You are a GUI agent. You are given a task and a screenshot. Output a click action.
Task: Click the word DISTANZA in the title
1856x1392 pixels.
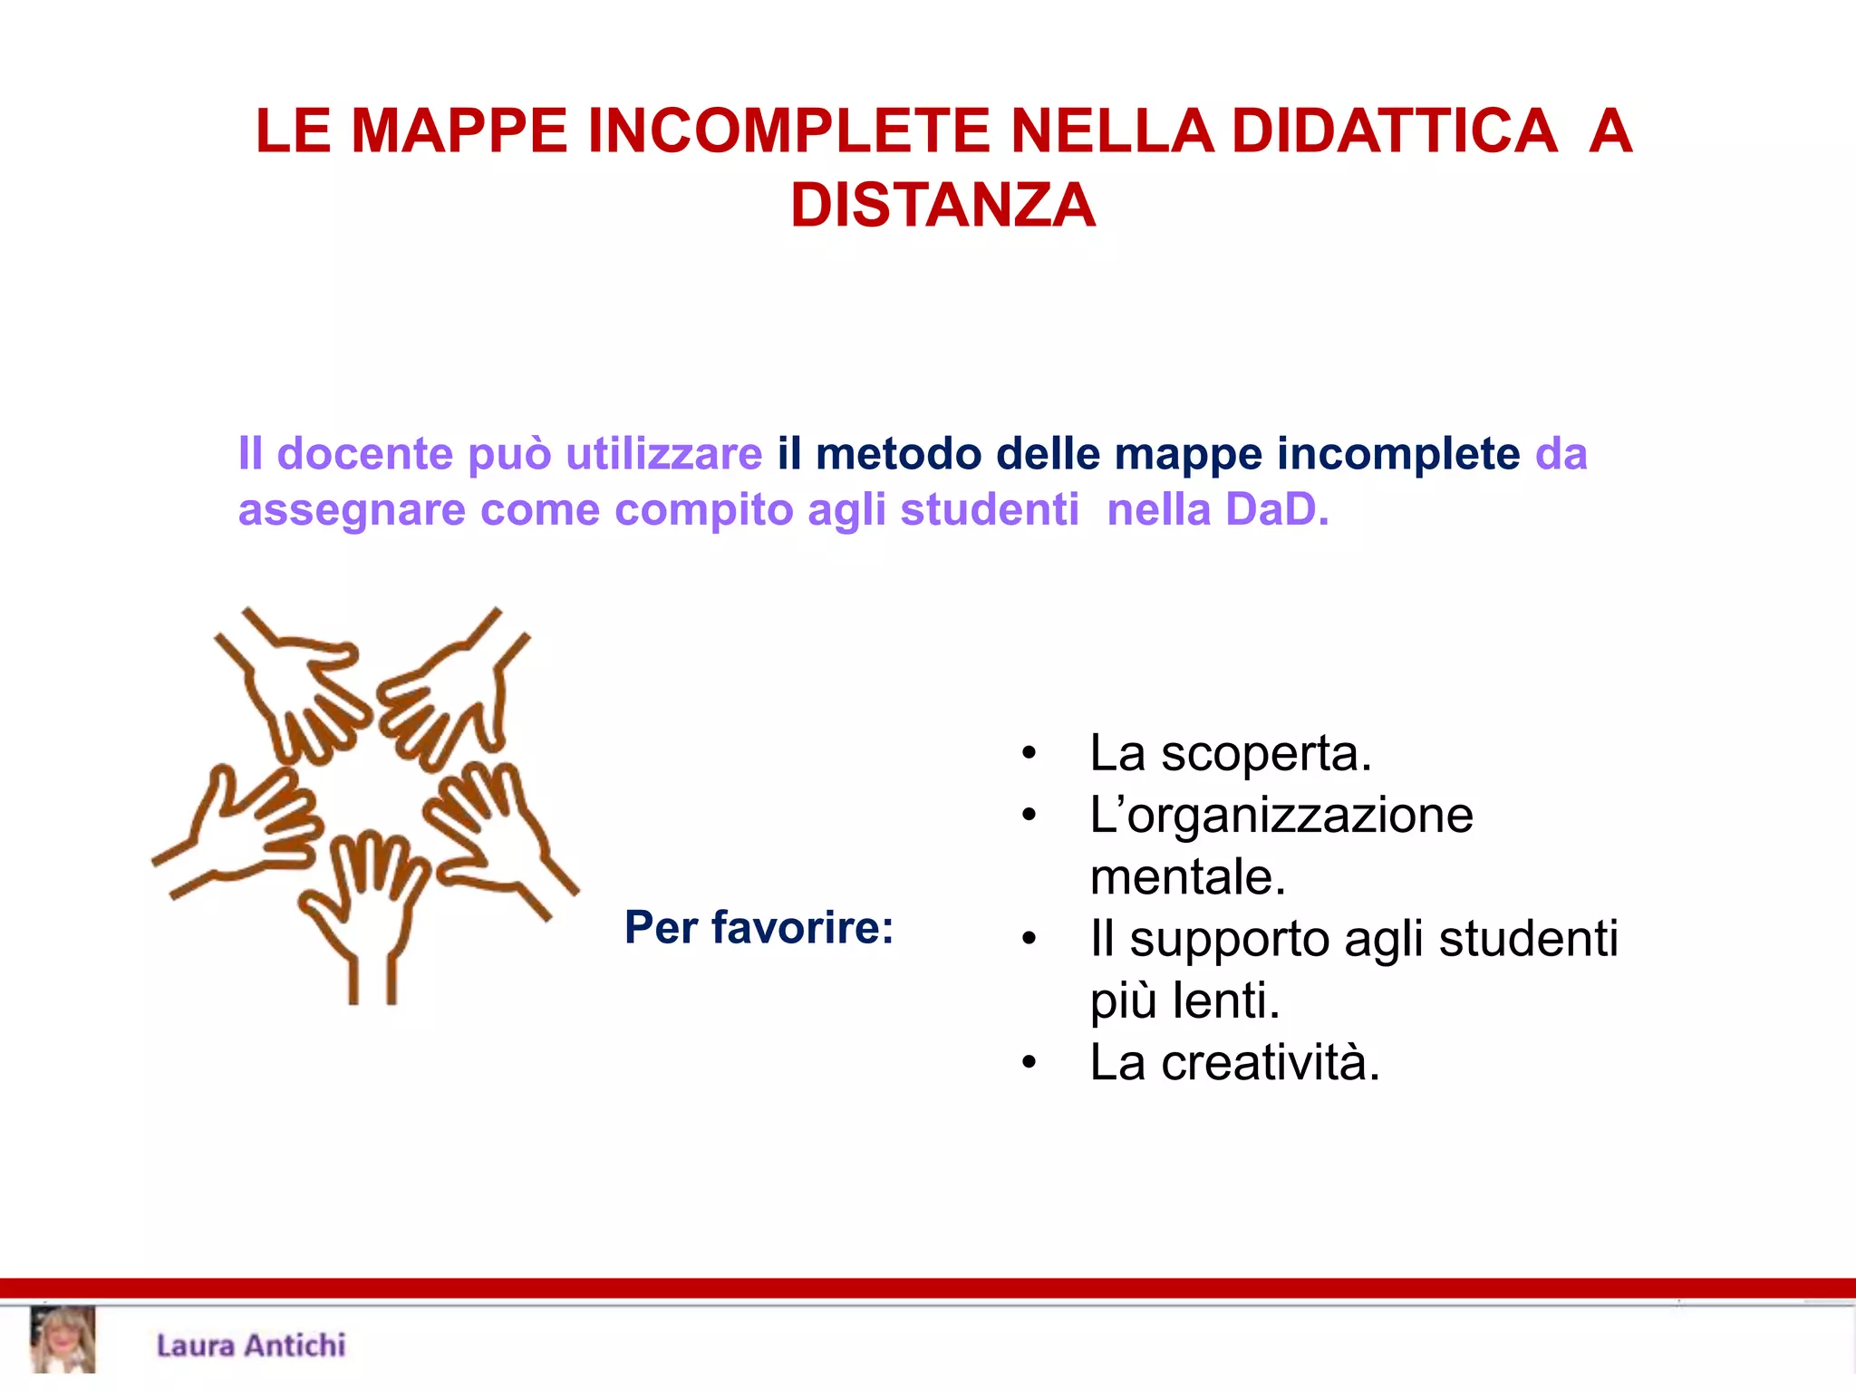(942, 205)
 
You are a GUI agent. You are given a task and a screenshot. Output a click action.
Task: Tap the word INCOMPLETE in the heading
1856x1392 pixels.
(788, 131)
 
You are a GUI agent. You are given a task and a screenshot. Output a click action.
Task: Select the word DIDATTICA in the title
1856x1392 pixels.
(1395, 131)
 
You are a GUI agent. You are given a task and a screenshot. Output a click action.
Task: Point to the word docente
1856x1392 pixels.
(364, 453)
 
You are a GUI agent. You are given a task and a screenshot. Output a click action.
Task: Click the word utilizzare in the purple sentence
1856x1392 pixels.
(663, 453)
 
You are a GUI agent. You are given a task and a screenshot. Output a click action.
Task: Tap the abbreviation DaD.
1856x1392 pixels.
(1277, 509)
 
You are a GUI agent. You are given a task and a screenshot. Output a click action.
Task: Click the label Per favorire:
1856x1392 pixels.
(759, 927)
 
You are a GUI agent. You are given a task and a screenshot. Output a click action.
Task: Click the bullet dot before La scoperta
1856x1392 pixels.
(1028, 754)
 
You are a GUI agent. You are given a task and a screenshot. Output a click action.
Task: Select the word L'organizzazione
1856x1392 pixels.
(1281, 815)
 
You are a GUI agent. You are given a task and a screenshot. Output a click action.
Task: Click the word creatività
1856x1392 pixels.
(1270, 1063)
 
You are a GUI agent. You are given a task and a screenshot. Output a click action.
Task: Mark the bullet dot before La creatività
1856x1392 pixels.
(1028, 1063)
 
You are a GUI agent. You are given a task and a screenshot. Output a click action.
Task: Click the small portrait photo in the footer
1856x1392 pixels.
(63, 1339)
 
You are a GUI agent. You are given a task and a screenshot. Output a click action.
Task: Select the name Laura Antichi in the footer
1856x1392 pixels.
(251, 1346)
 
